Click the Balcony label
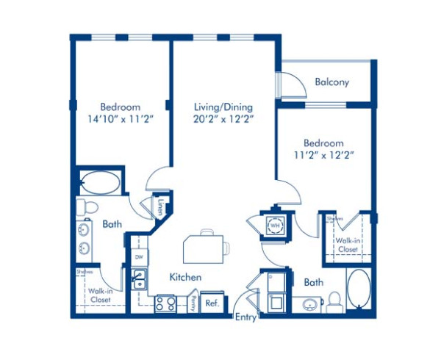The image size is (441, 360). click(331, 82)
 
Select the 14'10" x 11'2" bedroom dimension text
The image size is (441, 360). click(120, 118)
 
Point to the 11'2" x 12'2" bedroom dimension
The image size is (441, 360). click(323, 154)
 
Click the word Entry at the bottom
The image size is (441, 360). click(245, 317)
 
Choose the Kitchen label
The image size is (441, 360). click(185, 277)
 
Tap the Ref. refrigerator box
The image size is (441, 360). click(212, 303)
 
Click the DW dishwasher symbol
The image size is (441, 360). click(139, 256)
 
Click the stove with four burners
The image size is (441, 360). click(165, 303)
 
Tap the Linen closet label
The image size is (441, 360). click(160, 206)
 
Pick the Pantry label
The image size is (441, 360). click(190, 303)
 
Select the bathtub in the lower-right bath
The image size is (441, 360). click(359, 289)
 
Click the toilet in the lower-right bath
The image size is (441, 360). click(334, 301)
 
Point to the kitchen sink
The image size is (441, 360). click(138, 278)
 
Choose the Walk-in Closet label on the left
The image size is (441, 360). click(99, 295)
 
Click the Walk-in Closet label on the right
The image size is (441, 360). click(346, 245)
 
